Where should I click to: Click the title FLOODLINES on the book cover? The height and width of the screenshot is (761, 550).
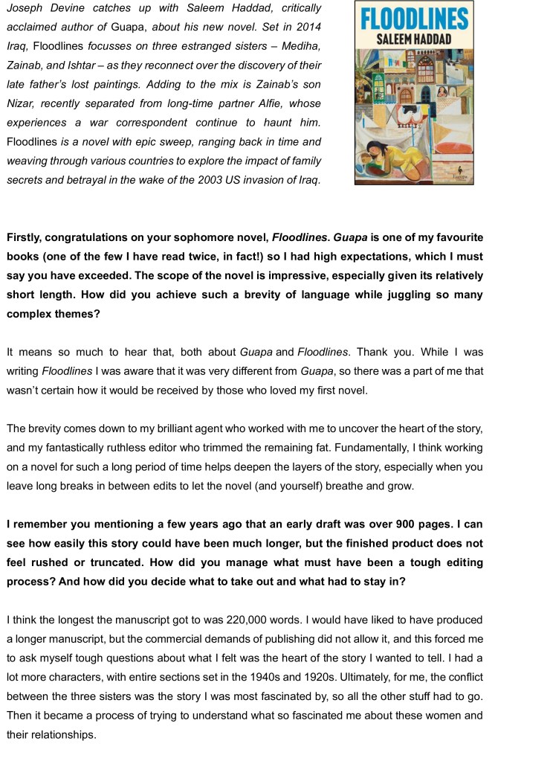coord(414,18)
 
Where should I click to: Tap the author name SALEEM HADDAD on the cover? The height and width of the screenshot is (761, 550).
coord(414,38)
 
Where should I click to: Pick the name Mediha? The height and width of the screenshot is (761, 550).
coord(282,47)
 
